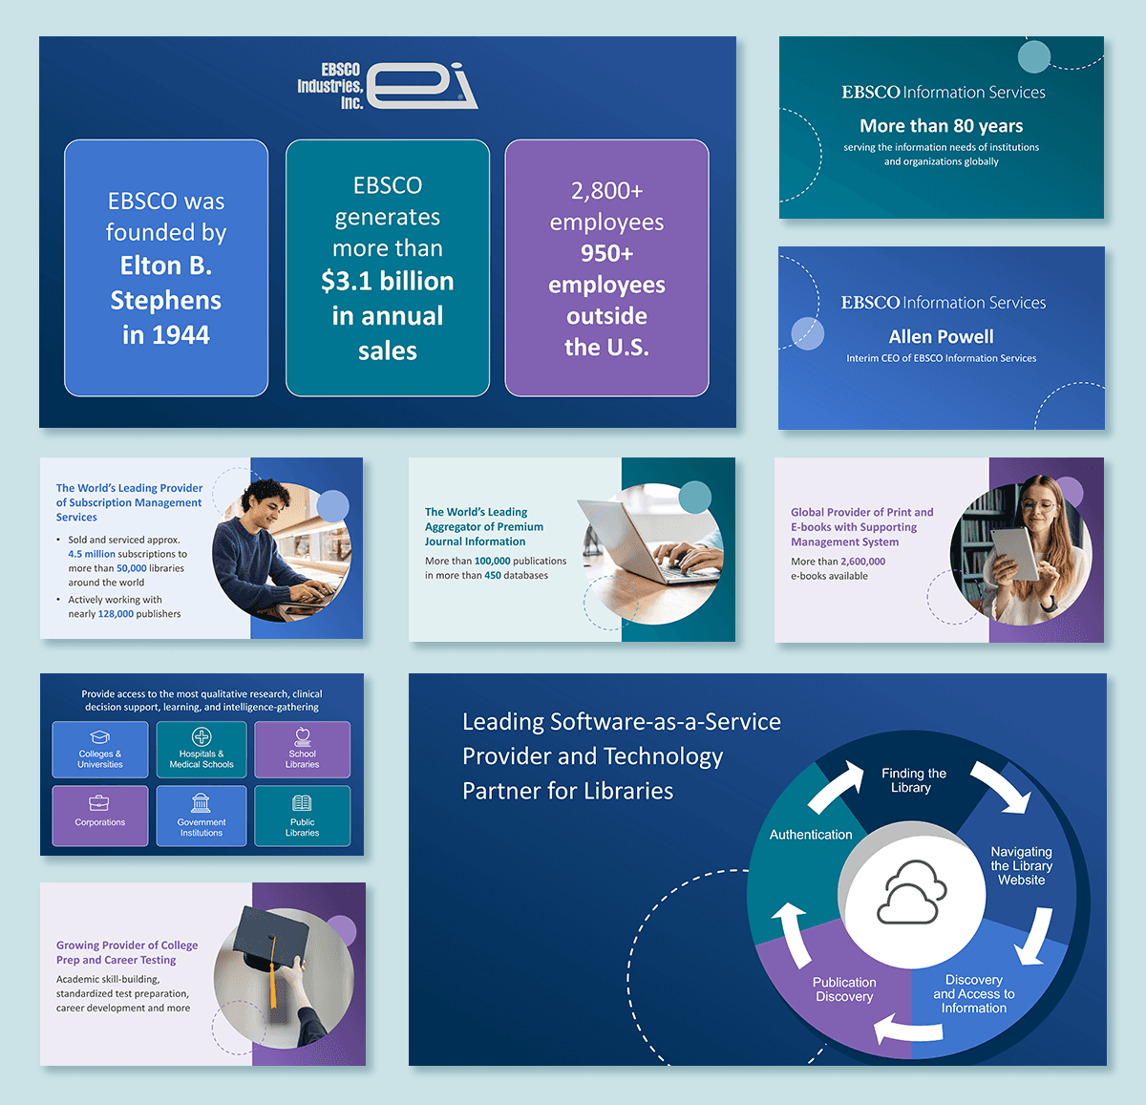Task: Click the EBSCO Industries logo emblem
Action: coord(420,86)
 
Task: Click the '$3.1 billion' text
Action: coord(388,281)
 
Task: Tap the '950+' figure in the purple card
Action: coord(606,253)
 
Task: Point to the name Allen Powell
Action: coord(941,336)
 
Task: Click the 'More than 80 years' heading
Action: coord(941,126)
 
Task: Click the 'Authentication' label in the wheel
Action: coord(811,835)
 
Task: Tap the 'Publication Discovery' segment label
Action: coord(844,989)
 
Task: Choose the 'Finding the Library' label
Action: coord(913,780)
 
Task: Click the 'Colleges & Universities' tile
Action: coord(100,749)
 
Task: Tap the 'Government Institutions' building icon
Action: coord(201,802)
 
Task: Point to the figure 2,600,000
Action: coord(862,562)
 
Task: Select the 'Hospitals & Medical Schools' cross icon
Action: coord(202,736)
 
